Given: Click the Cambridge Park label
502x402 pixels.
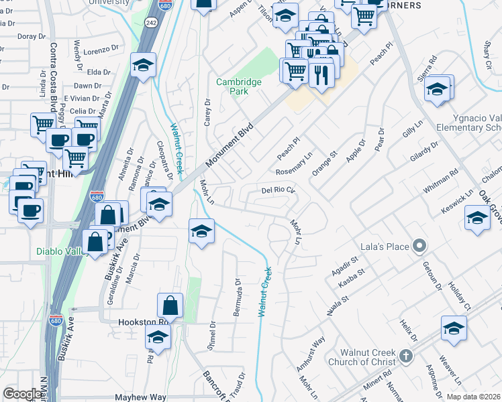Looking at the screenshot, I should click(238, 86).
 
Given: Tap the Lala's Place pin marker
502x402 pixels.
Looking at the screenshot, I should click(419, 247).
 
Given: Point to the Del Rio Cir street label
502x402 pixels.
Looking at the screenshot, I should click(278, 191).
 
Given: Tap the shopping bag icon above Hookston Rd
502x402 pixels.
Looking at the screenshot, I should click(170, 306).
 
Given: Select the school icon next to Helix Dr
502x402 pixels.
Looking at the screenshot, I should click(454, 329).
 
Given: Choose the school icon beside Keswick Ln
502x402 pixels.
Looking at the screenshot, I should click(477, 218).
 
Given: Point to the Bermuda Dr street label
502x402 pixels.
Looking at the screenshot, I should click(238, 290).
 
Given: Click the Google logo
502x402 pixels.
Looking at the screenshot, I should click(21, 394).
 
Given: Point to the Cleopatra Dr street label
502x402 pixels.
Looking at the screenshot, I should click(160, 161).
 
